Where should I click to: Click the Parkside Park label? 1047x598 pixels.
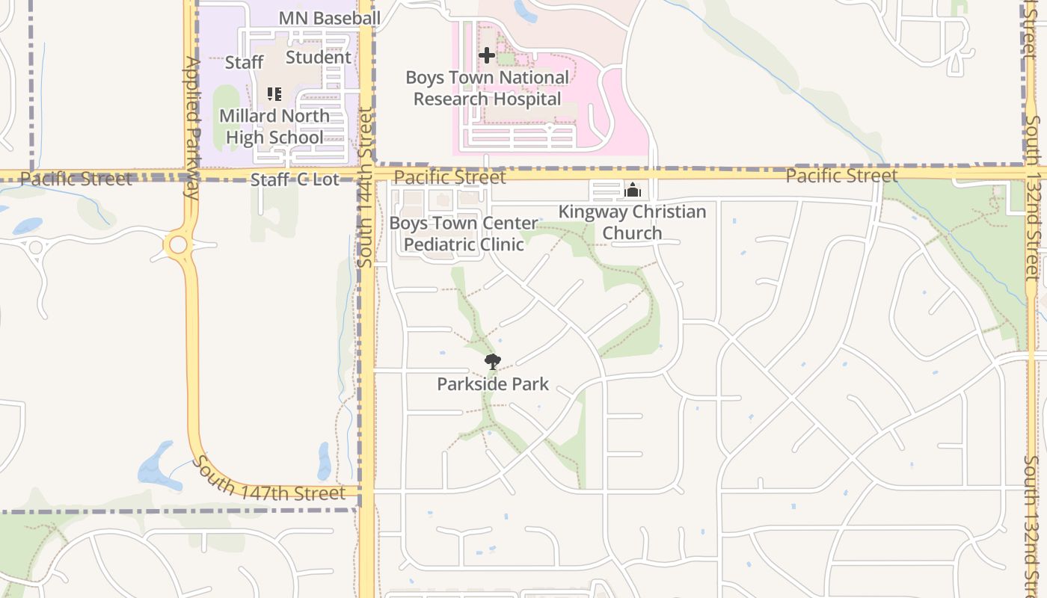pos(493,384)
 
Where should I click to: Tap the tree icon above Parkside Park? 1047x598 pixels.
pos(492,363)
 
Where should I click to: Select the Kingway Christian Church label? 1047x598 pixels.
pos(632,222)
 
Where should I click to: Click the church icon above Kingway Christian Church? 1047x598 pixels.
pos(633,191)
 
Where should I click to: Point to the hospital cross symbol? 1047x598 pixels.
pos(487,55)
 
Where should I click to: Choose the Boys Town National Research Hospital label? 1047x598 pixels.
pos(487,88)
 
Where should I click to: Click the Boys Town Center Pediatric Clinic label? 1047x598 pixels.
pos(464,233)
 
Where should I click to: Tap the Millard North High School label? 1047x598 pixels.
pos(274,126)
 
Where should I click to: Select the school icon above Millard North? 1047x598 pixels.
pos(274,94)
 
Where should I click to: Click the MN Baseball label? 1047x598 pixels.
pos(329,18)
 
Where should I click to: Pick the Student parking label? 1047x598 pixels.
pos(319,57)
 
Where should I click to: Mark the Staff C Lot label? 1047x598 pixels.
pos(295,179)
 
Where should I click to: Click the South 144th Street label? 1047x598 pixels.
pos(365,187)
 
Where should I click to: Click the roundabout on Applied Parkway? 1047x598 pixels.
pos(178,244)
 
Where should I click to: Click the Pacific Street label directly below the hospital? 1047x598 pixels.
pos(449,177)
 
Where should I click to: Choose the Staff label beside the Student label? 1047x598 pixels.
pos(244,62)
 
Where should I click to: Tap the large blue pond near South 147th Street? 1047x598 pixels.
pos(156,464)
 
